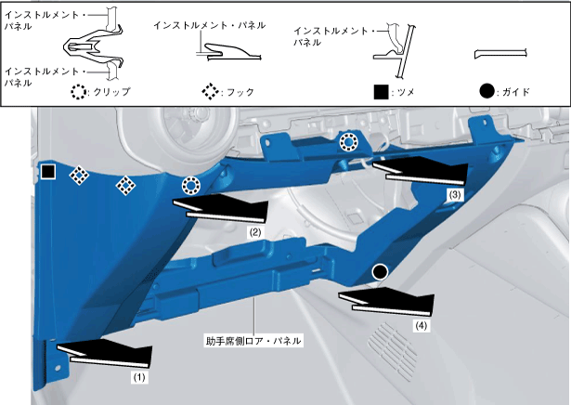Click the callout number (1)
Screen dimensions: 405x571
(137, 378)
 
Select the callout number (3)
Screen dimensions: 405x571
(454, 196)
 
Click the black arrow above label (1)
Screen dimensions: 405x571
(104, 353)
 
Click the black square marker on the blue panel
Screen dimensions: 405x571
(48, 172)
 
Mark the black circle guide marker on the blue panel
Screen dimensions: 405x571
(379, 271)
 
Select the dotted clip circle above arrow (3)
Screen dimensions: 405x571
(348, 142)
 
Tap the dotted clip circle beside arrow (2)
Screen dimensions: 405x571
(189, 184)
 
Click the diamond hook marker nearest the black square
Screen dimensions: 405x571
(80, 175)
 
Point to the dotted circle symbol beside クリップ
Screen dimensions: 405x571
(80, 92)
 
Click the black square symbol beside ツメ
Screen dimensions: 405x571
(379, 92)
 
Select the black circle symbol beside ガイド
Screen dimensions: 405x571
(487, 92)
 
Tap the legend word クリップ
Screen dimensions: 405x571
(113, 92)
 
